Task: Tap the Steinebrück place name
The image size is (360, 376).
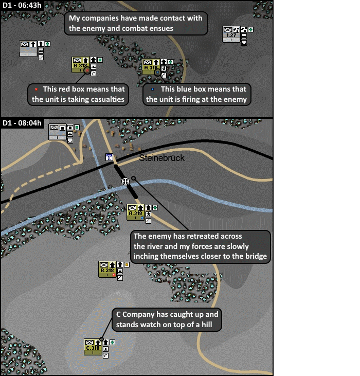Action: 161,158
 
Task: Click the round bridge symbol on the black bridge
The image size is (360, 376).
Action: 125,181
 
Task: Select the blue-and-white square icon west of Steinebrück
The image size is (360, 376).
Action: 109,157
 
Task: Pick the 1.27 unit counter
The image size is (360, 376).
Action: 231,34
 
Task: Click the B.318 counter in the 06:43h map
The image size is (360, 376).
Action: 80,65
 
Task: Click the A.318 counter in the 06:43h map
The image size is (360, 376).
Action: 151,67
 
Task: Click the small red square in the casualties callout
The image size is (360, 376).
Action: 36,89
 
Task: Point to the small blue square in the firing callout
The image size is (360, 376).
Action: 152,89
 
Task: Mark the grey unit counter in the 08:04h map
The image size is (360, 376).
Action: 57,132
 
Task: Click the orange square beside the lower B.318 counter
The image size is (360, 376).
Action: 127,264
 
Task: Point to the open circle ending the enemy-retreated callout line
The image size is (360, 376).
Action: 133,178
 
